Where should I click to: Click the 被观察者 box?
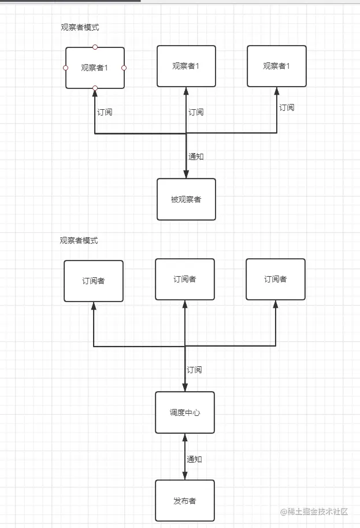pos(186,199)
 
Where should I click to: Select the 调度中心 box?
pos(185,412)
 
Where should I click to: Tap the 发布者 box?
pos(185,500)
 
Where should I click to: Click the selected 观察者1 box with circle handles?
pos(95,68)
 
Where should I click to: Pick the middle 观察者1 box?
pos(186,66)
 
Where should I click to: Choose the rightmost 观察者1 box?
pos(277,66)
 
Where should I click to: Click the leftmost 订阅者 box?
pos(94,281)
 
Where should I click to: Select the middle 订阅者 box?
pos(185,279)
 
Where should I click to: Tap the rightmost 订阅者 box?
pos(276,279)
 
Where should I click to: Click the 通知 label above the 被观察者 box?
pos(196,157)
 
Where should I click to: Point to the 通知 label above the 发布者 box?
pos(194,459)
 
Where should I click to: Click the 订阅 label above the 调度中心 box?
pos(194,370)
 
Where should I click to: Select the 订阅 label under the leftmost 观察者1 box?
pos(105,112)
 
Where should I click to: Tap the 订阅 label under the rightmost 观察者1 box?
pos(287,107)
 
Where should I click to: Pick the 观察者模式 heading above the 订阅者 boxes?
pos(79,240)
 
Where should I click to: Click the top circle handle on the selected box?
pos(95,47)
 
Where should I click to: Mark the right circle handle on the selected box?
pos(124,68)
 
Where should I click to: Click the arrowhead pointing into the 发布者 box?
pos(185,476)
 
